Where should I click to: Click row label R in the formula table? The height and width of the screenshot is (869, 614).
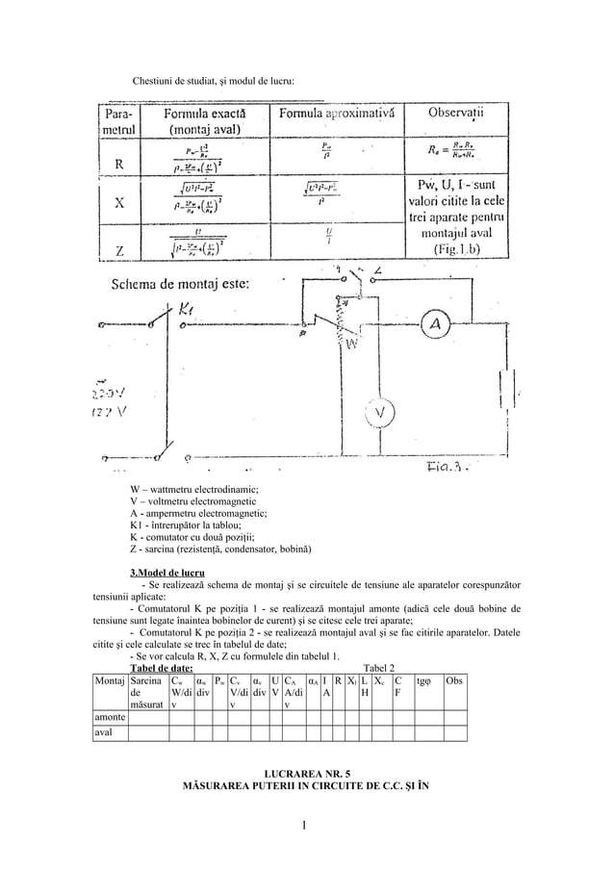click(118, 163)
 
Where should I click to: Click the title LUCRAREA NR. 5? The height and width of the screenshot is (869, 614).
click(305, 773)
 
